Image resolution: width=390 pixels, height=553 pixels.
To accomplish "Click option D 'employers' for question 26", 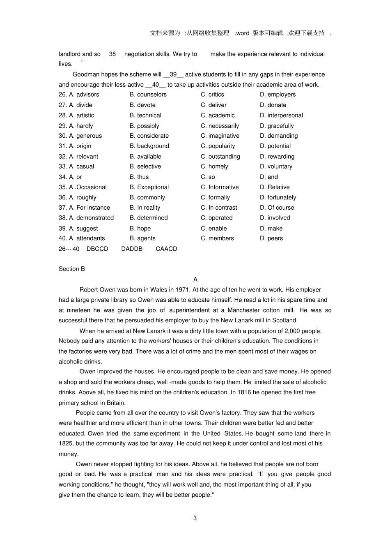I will (x=278, y=95).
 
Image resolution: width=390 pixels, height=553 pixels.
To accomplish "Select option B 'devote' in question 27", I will (x=142, y=105).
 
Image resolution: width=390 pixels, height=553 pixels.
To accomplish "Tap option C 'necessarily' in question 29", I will (x=220, y=126).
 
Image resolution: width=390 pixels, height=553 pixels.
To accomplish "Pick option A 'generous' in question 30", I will (x=85, y=136).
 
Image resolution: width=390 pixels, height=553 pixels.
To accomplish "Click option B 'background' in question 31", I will (x=149, y=146).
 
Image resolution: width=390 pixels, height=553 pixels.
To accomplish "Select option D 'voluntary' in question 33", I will (x=276, y=167).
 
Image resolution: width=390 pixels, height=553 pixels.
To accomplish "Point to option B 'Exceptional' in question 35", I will (x=149, y=187).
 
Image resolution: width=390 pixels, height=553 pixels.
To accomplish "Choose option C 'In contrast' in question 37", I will (x=219, y=208).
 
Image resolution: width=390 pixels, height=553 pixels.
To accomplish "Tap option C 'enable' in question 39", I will (x=213, y=229).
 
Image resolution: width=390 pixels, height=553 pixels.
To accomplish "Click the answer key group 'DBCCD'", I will (x=97, y=249).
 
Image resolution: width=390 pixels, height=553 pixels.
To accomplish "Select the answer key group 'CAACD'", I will (x=166, y=249).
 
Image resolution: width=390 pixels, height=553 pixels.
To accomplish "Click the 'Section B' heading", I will (x=72, y=269).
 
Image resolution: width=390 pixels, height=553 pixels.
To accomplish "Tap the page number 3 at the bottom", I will (x=195, y=518).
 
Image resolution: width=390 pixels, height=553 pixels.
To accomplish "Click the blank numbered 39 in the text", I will (x=173, y=74).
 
